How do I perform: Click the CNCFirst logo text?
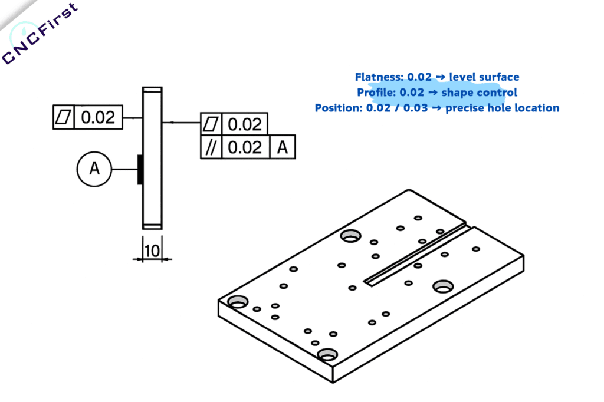tap(40, 34)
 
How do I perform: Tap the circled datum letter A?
tap(94, 169)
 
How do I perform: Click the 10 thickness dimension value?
tap(152, 251)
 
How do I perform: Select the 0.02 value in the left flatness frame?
tap(98, 117)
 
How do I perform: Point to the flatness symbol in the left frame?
tap(64, 117)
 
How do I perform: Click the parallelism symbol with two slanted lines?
tap(211, 147)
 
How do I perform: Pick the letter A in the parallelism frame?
tap(282, 147)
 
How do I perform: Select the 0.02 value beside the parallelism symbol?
tap(244, 147)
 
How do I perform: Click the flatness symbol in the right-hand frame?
tap(211, 124)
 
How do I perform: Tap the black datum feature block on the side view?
tap(140, 169)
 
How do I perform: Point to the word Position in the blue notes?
tap(338, 108)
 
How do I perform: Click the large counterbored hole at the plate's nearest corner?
tap(327, 354)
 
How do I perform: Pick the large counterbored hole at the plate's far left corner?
tap(238, 301)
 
